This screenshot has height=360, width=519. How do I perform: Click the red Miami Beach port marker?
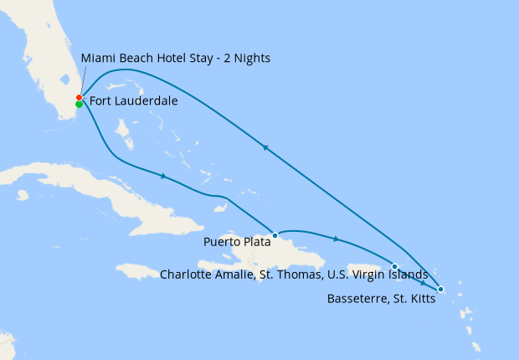coord(79,98)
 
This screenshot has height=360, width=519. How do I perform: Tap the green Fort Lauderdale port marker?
coord(79,105)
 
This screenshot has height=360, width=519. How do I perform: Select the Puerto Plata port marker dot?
coord(275,235)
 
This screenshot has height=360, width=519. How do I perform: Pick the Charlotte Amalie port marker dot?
coord(394,267)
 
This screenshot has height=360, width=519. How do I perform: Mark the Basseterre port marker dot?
coord(441,290)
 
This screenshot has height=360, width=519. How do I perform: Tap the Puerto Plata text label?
coord(236,243)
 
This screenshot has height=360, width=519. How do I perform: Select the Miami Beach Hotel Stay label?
coord(176,58)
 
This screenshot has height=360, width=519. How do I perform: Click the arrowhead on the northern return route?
coord(265,147)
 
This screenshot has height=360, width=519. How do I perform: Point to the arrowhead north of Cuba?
coord(163,176)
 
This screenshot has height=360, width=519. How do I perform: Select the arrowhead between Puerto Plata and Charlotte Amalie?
coord(336,239)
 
